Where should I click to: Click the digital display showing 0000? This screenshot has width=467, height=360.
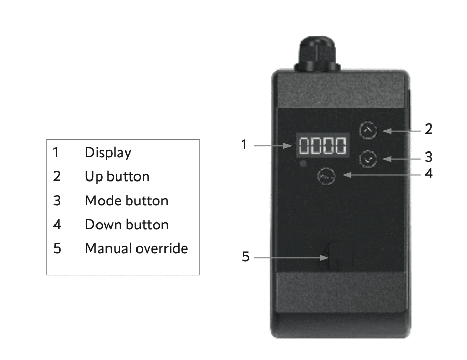pyautogui.click(x=323, y=145)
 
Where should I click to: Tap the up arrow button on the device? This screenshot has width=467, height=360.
pyautogui.click(x=368, y=130)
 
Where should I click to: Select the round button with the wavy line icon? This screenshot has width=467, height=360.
pyautogui.click(x=326, y=176)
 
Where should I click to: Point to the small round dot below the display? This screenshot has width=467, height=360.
pyautogui.click(x=303, y=163)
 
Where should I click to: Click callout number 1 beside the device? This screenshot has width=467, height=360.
pyautogui.click(x=244, y=145)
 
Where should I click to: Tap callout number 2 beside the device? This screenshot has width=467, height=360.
pyautogui.click(x=428, y=129)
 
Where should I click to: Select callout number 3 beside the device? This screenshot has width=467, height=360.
pyautogui.click(x=428, y=157)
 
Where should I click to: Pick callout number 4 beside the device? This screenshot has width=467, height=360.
pyautogui.click(x=429, y=173)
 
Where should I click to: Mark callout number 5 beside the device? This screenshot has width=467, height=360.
pyautogui.click(x=245, y=257)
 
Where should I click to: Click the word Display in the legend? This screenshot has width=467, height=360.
pyautogui.click(x=108, y=153)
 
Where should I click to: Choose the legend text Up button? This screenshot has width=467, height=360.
pyautogui.click(x=117, y=176)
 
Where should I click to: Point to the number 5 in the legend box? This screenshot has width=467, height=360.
pyautogui.click(x=57, y=248)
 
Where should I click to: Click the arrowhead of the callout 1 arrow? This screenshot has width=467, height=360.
pyautogui.click(x=288, y=146)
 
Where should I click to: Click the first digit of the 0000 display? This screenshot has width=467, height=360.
pyautogui.click(x=304, y=145)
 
